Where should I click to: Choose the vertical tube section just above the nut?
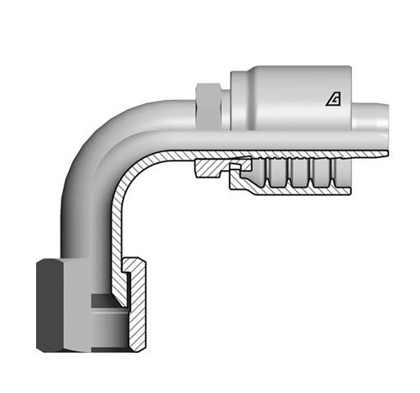tap(82, 229)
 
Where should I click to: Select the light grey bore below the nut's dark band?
tap(107, 327)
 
